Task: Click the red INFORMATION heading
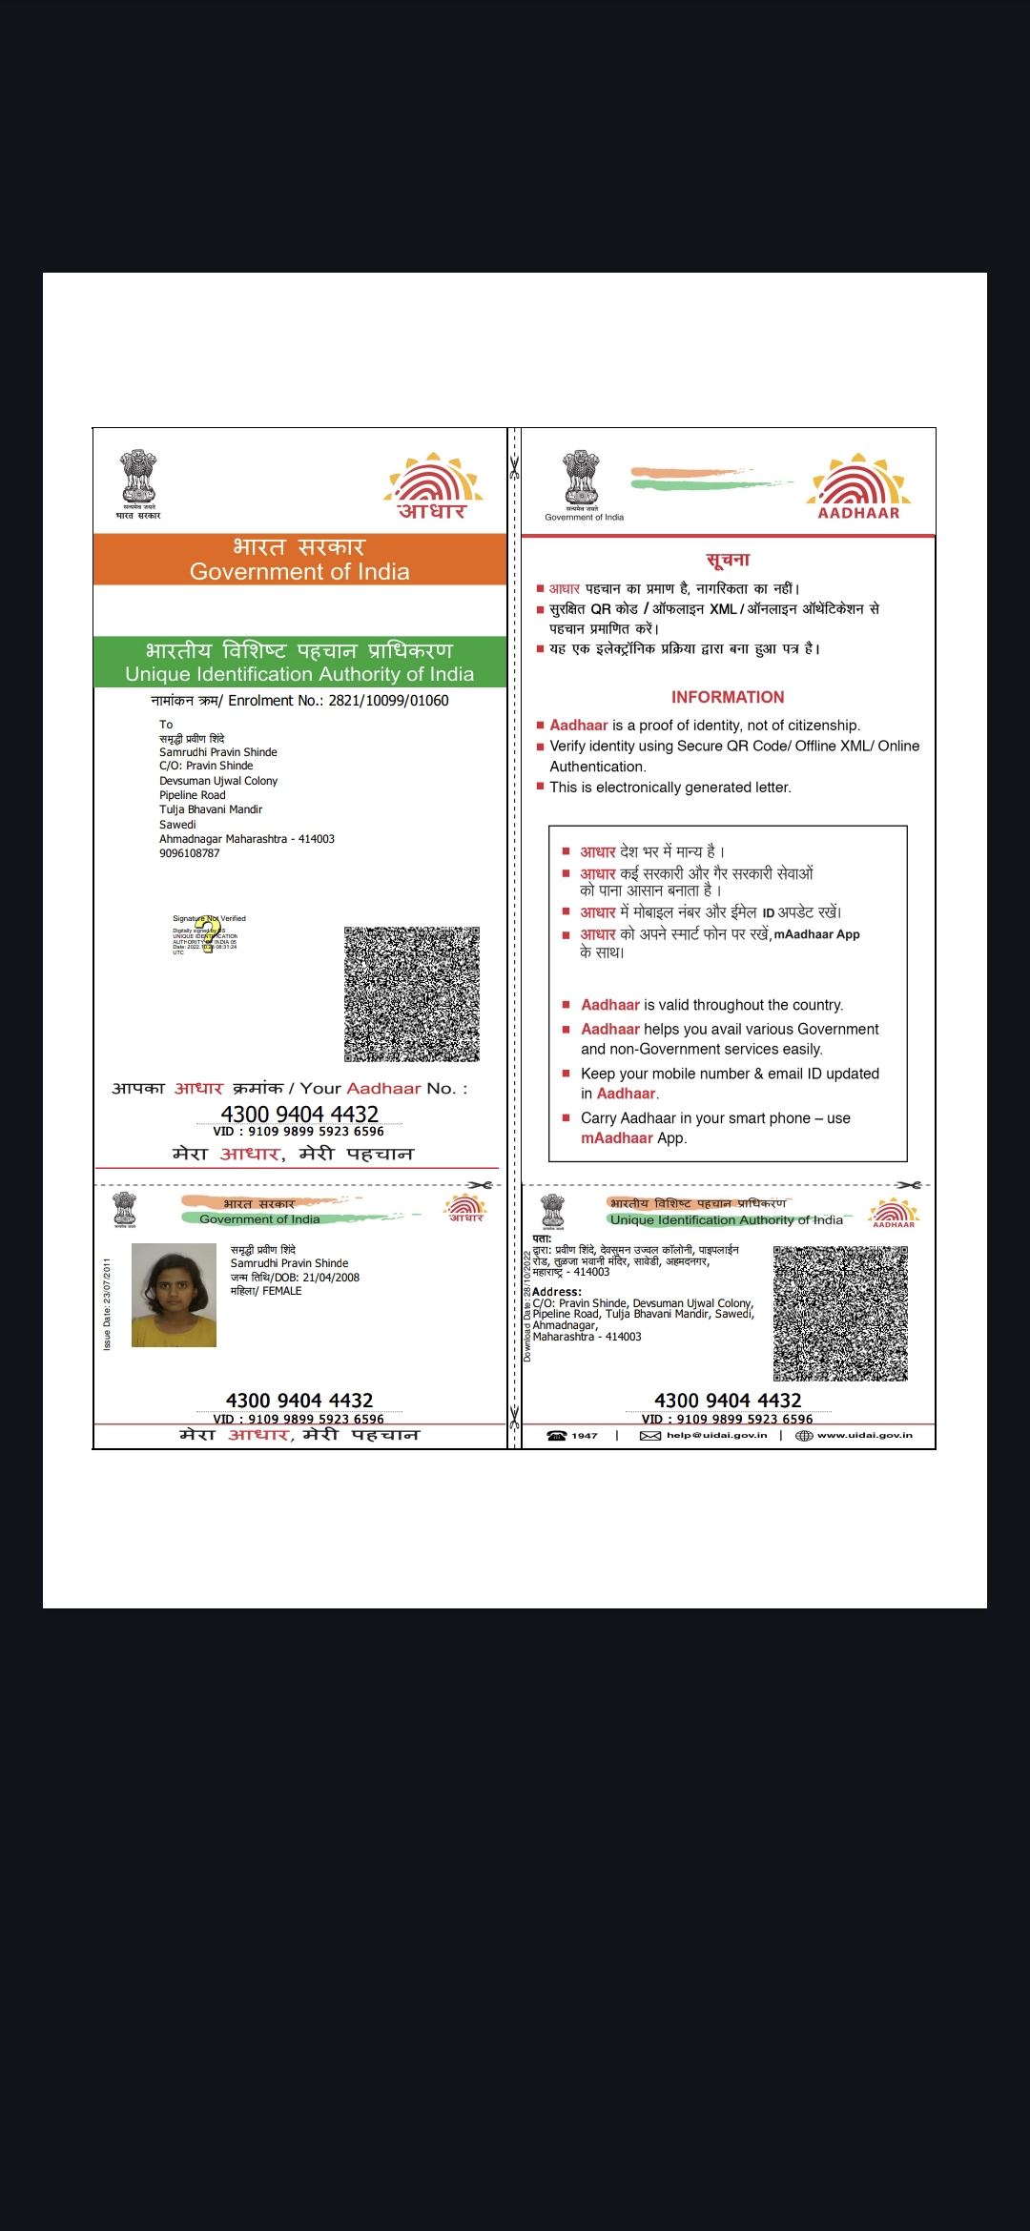728,697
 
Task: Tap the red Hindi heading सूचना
728,560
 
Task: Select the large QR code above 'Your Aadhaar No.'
412,994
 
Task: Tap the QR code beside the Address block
840,1314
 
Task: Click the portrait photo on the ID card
174,1295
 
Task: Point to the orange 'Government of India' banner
299,560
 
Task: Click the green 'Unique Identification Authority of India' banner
299,662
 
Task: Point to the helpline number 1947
585,1435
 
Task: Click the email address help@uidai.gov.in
716,1435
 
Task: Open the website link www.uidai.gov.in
864,1435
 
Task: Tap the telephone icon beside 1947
557,1435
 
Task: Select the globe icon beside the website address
804,1435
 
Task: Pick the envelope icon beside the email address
650,1435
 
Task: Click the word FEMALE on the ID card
282,1291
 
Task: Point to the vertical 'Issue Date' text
107,1303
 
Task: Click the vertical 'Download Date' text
526,1306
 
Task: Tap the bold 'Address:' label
557,1292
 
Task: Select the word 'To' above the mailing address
166,725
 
